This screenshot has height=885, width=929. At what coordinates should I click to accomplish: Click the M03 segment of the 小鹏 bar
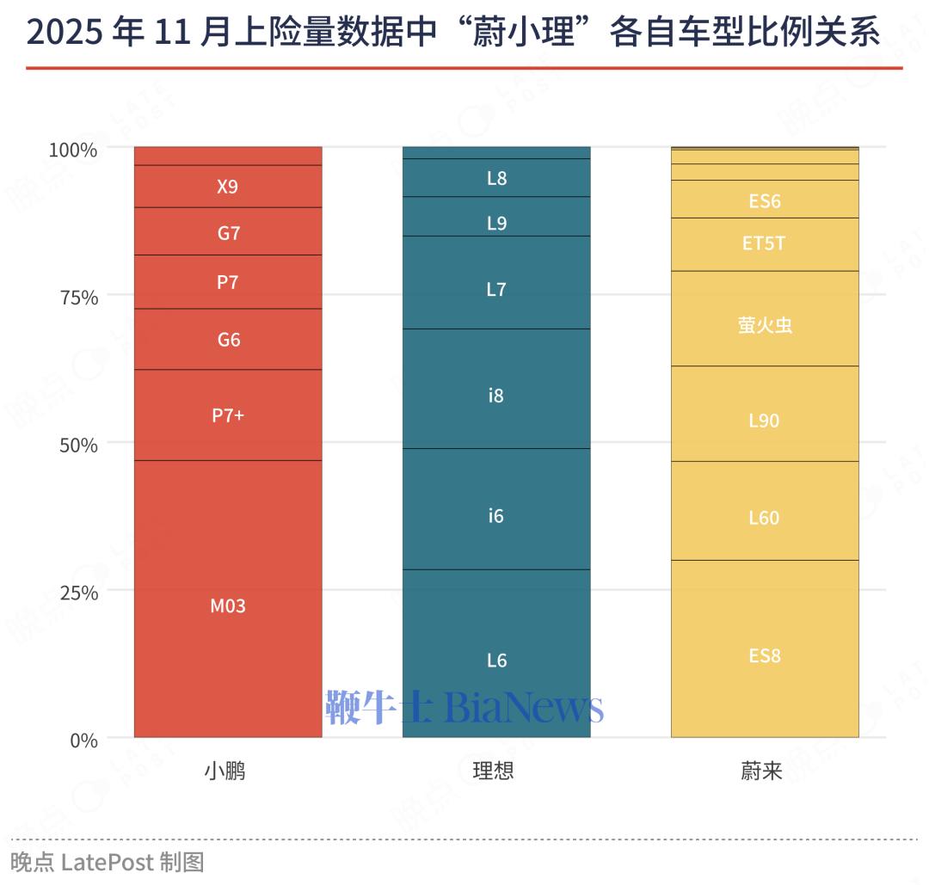(x=228, y=605)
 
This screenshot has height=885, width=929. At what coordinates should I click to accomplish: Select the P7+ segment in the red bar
(x=228, y=415)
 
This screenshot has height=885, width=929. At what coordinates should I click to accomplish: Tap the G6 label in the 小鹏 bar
(x=229, y=340)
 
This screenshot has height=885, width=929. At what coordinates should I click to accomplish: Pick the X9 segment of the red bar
(x=227, y=187)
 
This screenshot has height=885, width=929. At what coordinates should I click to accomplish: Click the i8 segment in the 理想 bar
(x=496, y=396)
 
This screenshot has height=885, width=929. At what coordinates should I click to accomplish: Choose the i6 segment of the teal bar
(x=496, y=516)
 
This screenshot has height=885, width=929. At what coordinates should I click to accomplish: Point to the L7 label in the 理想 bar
(x=496, y=290)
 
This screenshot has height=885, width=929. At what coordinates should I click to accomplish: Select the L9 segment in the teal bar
(x=496, y=224)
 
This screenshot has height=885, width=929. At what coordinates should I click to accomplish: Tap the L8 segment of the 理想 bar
(x=496, y=179)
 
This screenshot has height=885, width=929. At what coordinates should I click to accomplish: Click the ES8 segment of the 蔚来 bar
(x=765, y=655)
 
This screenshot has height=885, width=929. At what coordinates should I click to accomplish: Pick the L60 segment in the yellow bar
(x=764, y=518)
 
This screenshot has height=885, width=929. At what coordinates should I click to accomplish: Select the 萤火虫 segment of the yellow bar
(x=765, y=325)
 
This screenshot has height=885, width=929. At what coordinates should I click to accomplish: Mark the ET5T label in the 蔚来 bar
(x=764, y=243)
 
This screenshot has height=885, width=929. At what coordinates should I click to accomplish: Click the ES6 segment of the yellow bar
(x=765, y=201)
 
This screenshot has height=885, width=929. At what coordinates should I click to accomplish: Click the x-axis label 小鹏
(x=225, y=771)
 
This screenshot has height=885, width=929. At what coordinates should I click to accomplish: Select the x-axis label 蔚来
(x=761, y=771)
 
